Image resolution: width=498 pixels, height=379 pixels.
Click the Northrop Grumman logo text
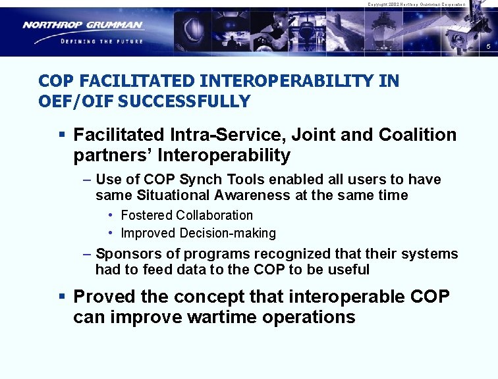82,26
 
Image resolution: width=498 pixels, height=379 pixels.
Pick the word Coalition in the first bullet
418,135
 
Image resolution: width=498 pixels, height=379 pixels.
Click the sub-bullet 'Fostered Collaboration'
186,215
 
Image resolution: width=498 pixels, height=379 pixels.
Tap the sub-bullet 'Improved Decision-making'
198,233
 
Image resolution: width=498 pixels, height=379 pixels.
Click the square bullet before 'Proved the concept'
61,297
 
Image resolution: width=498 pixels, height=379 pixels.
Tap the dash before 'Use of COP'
88,180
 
